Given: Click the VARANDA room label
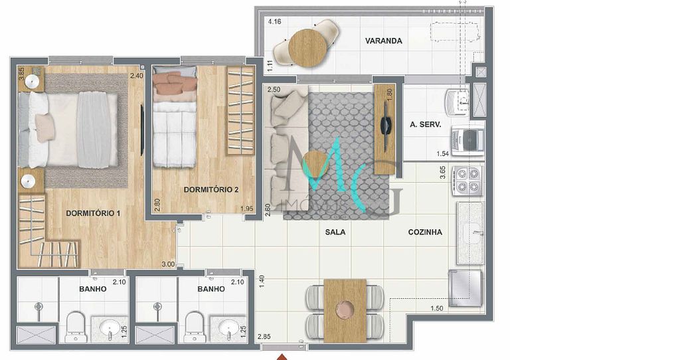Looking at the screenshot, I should [x=383, y=41].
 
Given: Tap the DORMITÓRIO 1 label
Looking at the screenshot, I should [x=93, y=213].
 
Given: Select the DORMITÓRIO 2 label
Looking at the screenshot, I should [x=211, y=190].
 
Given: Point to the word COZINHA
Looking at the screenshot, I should [x=425, y=232].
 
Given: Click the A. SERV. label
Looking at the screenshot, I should [x=422, y=124].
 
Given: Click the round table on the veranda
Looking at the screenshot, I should [x=308, y=48].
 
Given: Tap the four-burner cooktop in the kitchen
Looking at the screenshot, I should [x=467, y=180].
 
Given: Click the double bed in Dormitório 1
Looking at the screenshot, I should [x=70, y=130].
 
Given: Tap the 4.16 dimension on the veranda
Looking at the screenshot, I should [x=274, y=22].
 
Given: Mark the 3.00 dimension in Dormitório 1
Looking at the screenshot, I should [x=168, y=264].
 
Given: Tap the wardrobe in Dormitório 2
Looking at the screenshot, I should [x=240, y=110].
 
